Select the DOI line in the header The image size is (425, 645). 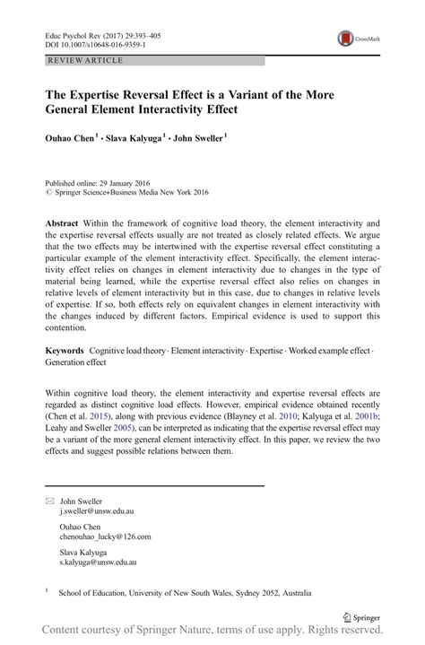point(94,42)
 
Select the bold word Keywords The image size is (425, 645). point(65,349)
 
